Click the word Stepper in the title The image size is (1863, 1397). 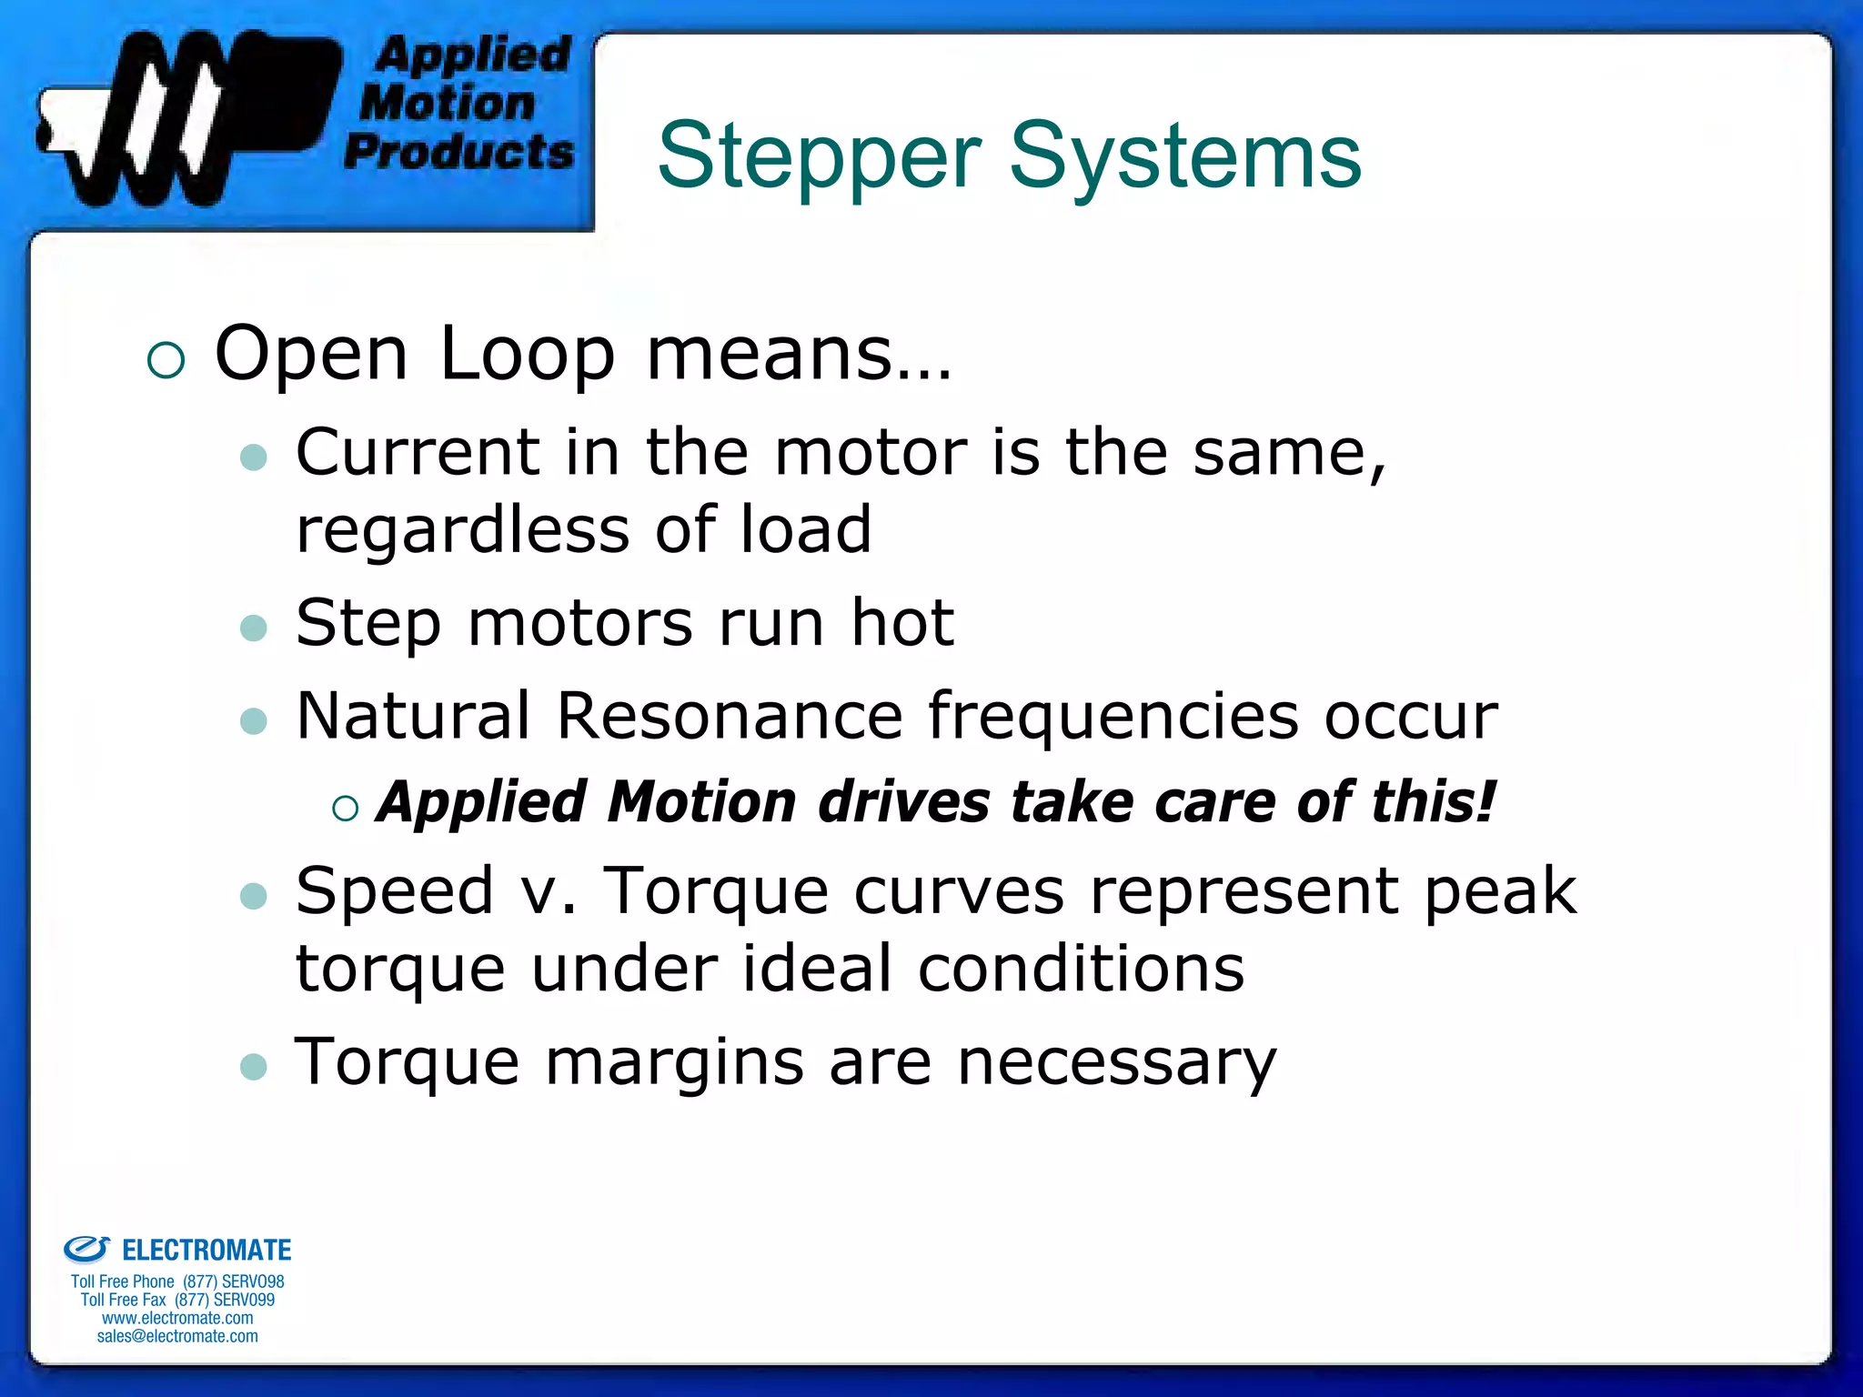coord(819,156)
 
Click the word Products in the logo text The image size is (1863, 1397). coord(459,151)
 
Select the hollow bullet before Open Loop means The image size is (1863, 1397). coord(166,360)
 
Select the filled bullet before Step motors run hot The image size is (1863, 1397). coord(254,628)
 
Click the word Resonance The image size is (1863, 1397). coord(729,716)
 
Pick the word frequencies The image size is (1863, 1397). coord(1113,716)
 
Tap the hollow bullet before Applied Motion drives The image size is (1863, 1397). coord(346,808)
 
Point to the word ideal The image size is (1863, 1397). coord(817,969)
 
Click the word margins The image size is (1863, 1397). coord(673,1062)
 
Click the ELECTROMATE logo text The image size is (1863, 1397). coord(206,1250)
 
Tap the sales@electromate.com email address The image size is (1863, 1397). coord(177,1336)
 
